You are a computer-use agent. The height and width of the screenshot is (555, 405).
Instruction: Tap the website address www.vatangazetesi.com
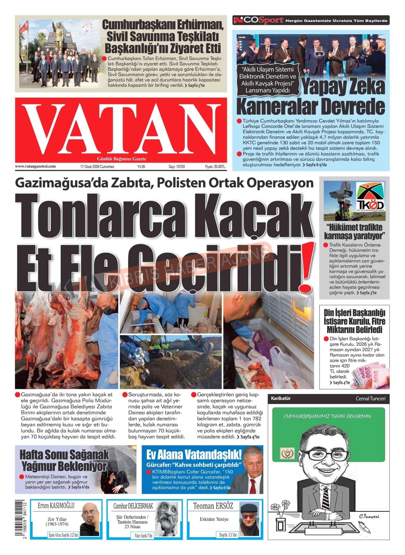point(35,166)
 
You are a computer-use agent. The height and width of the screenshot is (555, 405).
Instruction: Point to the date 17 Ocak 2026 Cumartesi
point(97,166)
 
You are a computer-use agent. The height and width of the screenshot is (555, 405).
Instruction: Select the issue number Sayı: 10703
point(177,166)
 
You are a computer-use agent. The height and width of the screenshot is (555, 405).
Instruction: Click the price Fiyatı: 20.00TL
point(215,166)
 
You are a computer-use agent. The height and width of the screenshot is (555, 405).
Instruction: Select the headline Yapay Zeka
point(343,87)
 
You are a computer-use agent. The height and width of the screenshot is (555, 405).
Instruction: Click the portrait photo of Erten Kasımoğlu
point(90,520)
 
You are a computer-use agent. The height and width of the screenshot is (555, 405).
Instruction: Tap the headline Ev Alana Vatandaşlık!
point(194,454)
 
